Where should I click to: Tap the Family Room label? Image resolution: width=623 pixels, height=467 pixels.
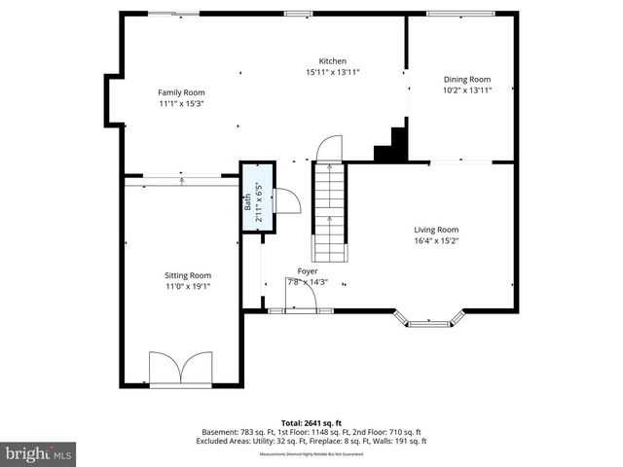(x=180, y=92)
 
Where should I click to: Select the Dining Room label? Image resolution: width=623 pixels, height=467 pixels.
(x=466, y=79)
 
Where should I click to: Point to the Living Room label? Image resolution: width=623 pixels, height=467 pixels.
(x=435, y=230)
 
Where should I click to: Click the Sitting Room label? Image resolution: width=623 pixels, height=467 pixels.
(x=188, y=275)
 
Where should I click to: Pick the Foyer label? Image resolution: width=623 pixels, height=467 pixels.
(x=307, y=271)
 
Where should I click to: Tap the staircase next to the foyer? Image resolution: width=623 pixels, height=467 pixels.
(x=330, y=209)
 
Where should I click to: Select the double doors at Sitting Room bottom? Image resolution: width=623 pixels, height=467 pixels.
(x=181, y=369)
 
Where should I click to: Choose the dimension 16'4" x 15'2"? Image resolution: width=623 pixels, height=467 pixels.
(x=435, y=241)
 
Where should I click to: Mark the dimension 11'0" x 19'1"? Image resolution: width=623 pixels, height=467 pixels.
(x=188, y=287)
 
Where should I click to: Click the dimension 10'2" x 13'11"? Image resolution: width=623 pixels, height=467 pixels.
(x=466, y=90)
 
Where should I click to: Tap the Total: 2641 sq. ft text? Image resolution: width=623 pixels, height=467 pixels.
(x=311, y=422)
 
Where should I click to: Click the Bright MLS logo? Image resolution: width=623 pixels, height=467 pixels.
(x=39, y=453)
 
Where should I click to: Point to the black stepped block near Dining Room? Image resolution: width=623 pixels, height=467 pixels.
(x=392, y=145)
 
